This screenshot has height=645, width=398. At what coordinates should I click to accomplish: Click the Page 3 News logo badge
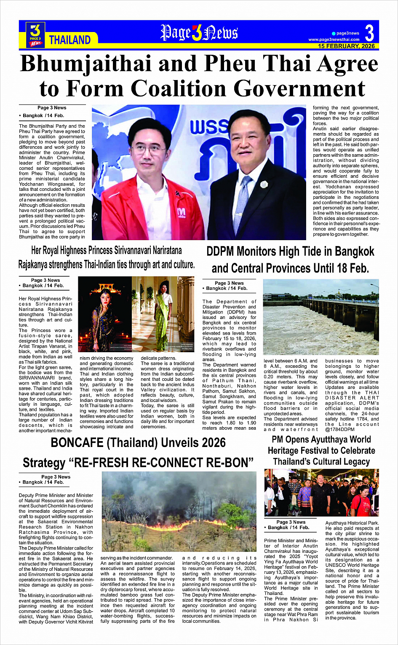coord(35,34)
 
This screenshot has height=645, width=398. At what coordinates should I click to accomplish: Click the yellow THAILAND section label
coord(70,40)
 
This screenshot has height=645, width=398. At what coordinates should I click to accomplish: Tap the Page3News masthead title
coord(199,33)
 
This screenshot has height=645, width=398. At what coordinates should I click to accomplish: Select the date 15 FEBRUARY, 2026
coord(346,46)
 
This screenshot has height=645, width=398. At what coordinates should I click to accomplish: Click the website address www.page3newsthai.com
coord(334,40)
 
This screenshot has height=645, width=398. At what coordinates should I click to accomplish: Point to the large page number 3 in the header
coord(369,32)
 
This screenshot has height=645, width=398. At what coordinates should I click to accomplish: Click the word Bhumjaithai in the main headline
coord(85,64)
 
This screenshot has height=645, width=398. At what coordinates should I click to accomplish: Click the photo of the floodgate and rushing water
coord(321,317)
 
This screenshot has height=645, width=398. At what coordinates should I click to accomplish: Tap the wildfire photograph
coord(179,512)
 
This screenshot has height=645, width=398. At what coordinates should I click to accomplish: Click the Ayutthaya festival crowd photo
coord(321,492)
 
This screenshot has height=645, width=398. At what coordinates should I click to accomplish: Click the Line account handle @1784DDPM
coord(339,430)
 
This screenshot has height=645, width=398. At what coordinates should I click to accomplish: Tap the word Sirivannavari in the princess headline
coord(142,251)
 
